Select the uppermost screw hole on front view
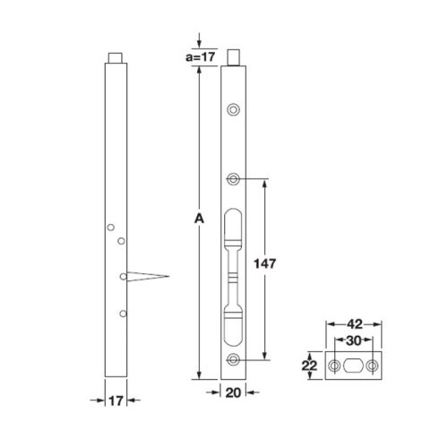[x=234, y=109]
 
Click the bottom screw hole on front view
[x=234, y=360]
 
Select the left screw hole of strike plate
[x=334, y=366]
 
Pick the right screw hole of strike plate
[x=372, y=366]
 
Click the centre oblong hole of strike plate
[x=353, y=366]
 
